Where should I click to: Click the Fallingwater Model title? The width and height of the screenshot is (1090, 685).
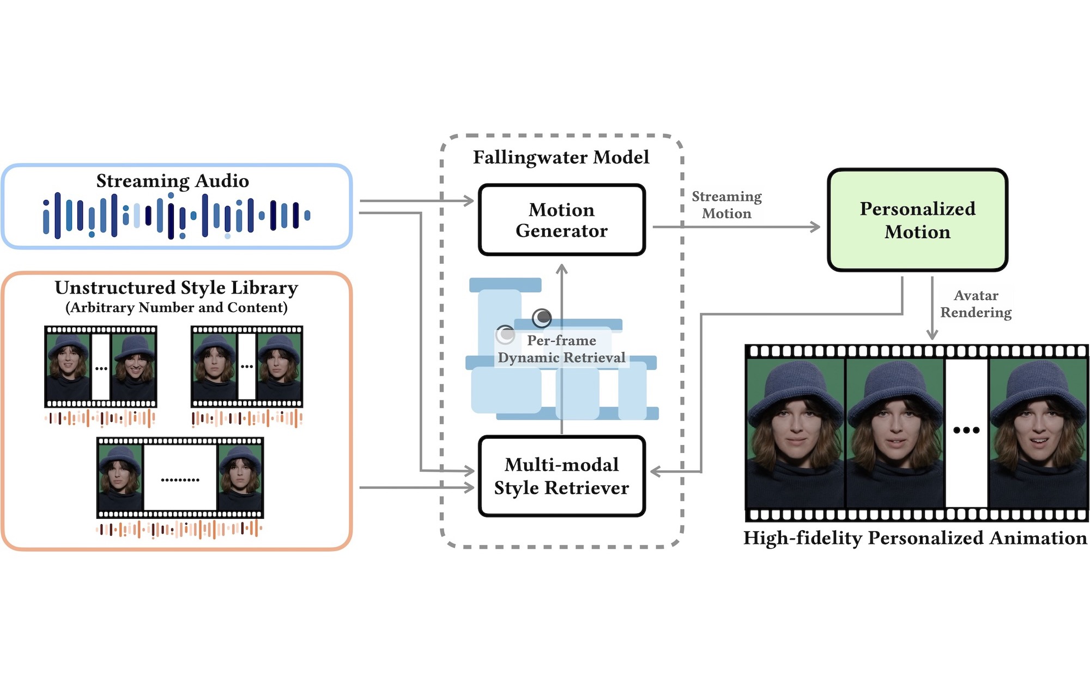(561, 157)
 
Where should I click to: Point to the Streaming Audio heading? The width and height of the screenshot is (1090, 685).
(173, 180)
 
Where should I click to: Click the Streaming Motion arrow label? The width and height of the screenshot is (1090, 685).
(726, 205)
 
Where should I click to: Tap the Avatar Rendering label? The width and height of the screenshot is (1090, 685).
(976, 304)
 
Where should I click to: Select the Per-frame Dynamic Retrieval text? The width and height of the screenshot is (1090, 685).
(561, 349)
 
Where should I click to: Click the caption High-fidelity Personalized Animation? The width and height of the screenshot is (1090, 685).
(915, 538)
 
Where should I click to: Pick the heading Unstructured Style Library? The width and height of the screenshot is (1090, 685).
(177, 287)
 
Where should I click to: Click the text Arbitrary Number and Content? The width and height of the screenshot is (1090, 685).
(177, 307)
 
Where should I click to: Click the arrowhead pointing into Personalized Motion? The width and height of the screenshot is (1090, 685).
(815, 227)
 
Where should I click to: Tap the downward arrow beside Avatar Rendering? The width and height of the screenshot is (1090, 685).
(932, 308)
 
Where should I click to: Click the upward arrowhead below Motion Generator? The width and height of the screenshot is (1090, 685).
(562, 269)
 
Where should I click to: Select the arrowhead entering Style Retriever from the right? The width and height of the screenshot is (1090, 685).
(656, 471)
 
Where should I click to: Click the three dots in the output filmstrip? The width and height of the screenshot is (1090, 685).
(966, 430)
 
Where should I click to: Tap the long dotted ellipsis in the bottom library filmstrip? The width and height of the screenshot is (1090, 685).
(180, 480)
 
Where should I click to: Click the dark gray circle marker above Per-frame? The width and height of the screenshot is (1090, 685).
(542, 317)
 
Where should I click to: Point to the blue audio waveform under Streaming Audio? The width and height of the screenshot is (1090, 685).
(177, 216)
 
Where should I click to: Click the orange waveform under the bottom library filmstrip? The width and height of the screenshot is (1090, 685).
(179, 529)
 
